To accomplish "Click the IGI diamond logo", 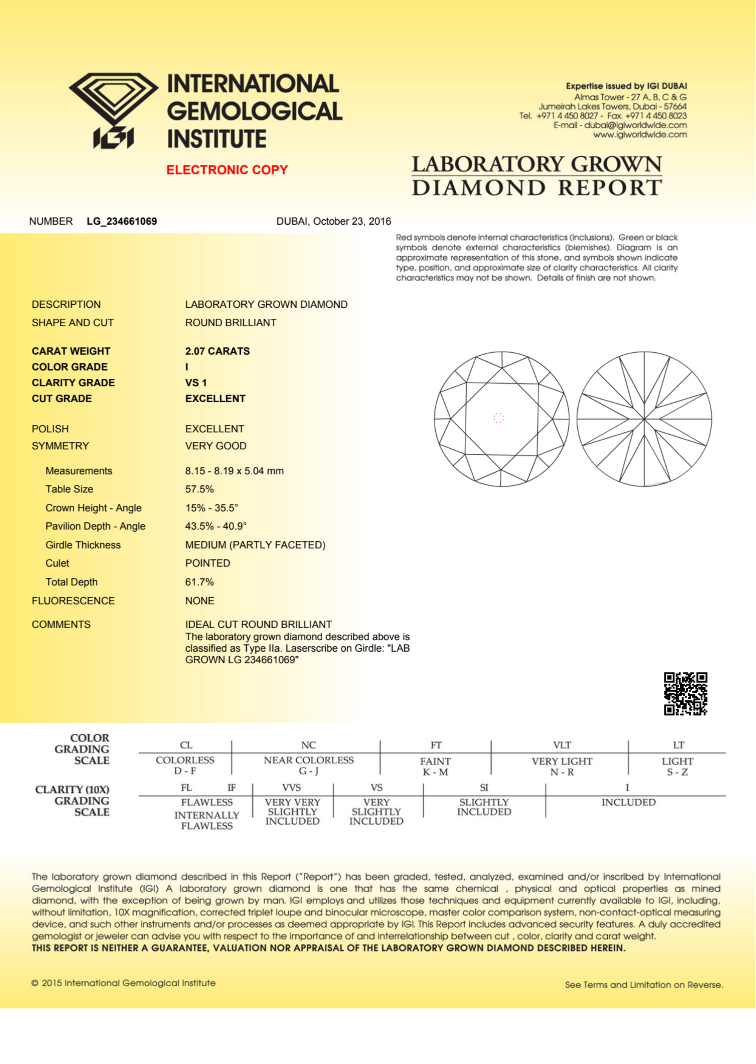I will coord(113,110).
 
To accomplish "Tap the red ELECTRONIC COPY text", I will coord(227,170).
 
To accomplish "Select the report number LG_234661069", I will coord(122,222).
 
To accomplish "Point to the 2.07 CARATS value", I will coord(217,351).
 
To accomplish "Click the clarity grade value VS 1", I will coord(196,383).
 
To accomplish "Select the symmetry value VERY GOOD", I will coord(215,446).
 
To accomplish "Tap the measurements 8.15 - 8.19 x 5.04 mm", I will coord(234,471).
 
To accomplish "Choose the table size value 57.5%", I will coord(199,489).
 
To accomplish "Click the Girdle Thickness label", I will coord(83,545).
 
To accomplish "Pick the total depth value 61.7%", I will coord(199,583).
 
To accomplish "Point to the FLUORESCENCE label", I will coord(73,601).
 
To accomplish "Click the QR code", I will coord(685,694).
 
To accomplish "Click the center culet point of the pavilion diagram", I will coord(644,419).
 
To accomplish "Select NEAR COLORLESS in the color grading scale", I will coord(309,760).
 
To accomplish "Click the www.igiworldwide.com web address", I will coord(640,135).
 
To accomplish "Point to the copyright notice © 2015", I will coord(124,983).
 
